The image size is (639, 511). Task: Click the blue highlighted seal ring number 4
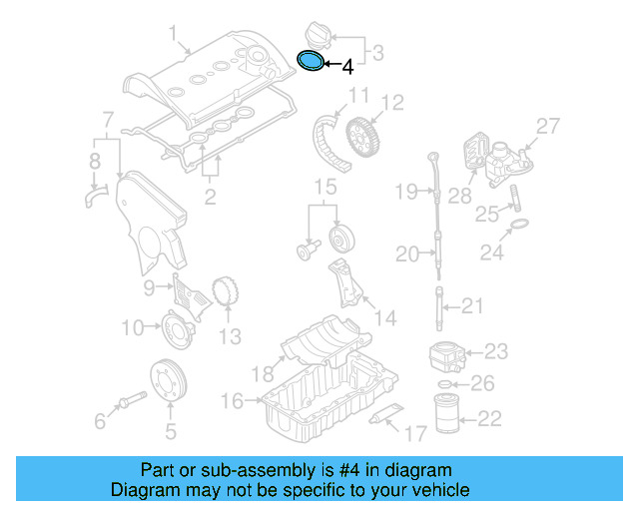point(314,62)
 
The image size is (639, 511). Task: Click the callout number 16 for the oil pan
point(231,400)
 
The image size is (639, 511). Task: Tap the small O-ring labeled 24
point(519,229)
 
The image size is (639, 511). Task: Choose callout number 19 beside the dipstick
point(405,191)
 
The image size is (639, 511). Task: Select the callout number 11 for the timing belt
point(358,98)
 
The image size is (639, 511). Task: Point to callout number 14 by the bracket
point(384,319)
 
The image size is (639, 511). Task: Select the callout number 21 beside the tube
point(472,306)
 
